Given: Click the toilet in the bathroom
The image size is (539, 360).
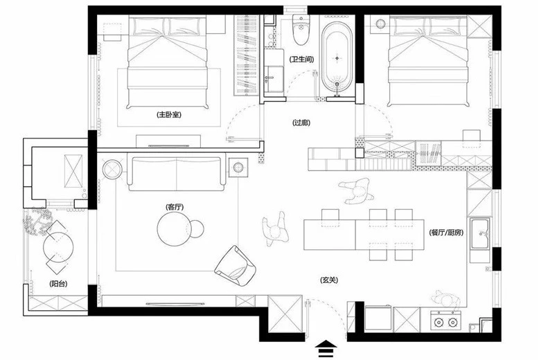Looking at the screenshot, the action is [x=301, y=30].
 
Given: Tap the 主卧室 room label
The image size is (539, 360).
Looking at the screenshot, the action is [x=169, y=115].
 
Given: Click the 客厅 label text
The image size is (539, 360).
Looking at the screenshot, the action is [x=175, y=207].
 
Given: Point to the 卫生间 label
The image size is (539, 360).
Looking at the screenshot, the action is [x=301, y=59].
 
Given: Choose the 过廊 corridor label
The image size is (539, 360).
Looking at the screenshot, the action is [x=301, y=123].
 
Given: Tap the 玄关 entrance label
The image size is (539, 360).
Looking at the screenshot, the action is [x=329, y=280].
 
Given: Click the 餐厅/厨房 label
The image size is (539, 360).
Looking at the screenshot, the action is [x=447, y=233].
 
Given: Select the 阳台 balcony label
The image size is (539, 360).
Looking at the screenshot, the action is [x=58, y=284].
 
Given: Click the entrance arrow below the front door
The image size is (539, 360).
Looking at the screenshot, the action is [x=326, y=348].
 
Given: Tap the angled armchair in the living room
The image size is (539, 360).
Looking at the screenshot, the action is [x=235, y=266].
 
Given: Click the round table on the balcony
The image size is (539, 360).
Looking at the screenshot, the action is [x=58, y=247].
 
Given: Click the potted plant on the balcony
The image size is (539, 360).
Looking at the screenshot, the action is [x=37, y=224].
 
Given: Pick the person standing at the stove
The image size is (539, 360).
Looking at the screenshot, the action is [x=446, y=300].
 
